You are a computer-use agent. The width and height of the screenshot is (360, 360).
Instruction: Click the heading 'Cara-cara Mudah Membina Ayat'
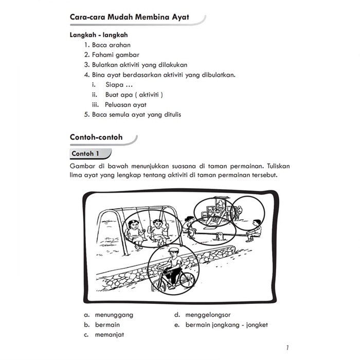click(129, 17)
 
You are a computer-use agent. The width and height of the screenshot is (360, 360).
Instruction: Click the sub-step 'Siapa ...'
click(114, 84)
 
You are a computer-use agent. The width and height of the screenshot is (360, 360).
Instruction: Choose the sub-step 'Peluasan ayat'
click(126, 104)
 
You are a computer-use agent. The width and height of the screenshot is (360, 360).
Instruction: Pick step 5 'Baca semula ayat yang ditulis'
click(133, 114)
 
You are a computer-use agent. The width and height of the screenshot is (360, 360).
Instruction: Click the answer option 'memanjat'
click(109, 335)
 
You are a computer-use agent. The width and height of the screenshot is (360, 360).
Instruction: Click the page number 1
click(287, 348)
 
